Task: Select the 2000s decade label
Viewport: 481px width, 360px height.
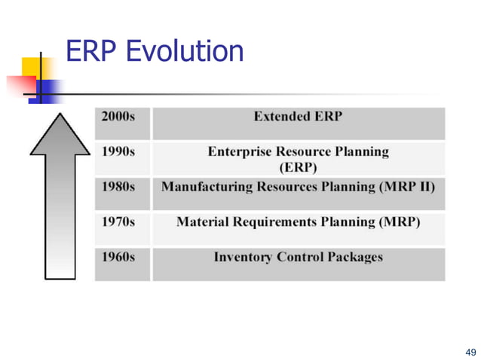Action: click(118, 117)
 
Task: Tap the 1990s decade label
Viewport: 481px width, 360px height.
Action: click(118, 151)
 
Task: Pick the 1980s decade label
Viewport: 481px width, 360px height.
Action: click(118, 186)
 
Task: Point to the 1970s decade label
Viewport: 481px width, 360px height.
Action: click(118, 222)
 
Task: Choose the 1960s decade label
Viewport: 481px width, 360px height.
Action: click(118, 257)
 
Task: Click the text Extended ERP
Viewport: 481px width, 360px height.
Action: click(298, 117)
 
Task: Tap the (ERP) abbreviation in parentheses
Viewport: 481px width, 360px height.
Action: click(298, 166)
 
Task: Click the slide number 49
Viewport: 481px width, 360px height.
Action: click(471, 352)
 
